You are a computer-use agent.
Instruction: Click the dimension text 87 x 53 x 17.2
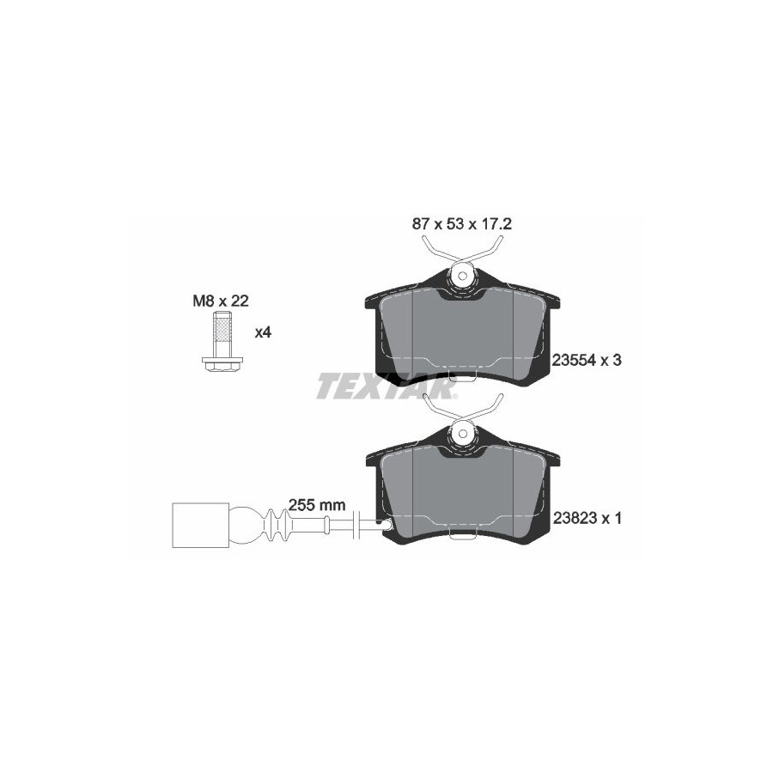[x=462, y=224]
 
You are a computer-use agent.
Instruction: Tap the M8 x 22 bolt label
[x=221, y=301]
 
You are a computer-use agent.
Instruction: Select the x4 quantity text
[x=263, y=332]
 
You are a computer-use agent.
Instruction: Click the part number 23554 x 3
[x=587, y=361]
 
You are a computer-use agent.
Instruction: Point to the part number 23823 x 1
[x=587, y=518]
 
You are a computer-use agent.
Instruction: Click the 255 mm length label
[x=317, y=505]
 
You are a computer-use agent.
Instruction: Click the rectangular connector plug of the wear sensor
[x=201, y=525]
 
